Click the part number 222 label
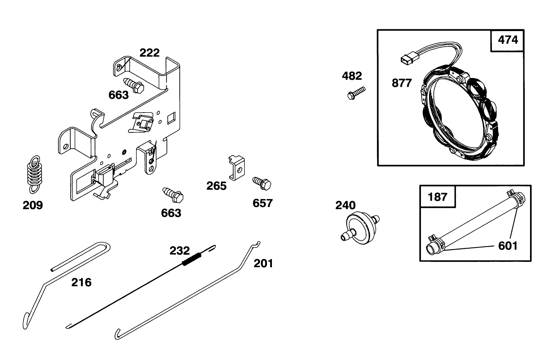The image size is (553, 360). point(149,53)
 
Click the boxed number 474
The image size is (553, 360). point(507,40)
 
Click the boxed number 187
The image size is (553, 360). point(438,196)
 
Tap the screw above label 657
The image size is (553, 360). point(262,184)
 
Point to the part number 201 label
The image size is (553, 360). point(263,263)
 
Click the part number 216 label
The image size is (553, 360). point(81,282)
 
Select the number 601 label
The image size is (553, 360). point(507,245)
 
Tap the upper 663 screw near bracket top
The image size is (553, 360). point(133,85)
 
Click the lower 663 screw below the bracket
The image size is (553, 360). point(172,194)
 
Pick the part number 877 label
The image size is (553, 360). point(402,83)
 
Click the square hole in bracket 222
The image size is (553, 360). point(171,117)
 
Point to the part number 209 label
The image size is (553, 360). point(32,205)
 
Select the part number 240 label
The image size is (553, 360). point(345,205)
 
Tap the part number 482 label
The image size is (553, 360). point(352,76)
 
